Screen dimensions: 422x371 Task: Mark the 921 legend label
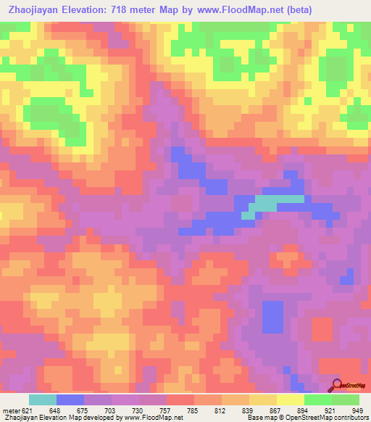click(x=330, y=410)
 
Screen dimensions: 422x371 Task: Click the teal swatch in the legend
click(x=43, y=400)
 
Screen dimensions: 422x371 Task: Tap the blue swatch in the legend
click(x=70, y=400)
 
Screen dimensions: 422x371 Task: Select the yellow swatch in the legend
click(x=291, y=400)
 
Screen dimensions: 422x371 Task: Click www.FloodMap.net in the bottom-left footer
click(x=154, y=418)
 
